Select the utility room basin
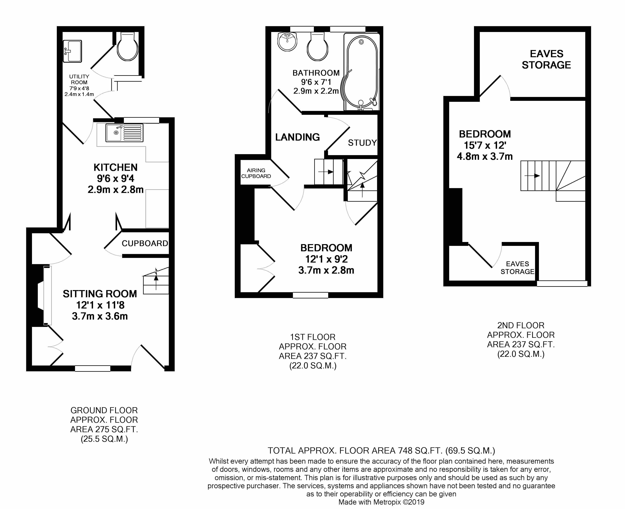[x=72, y=51]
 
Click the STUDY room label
[x=362, y=143]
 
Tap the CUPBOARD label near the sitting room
[x=145, y=243]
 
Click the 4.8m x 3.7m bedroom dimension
[x=485, y=156]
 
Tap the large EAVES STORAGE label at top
[x=546, y=59]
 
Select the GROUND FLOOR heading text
[x=104, y=410]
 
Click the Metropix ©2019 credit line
[x=381, y=502]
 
